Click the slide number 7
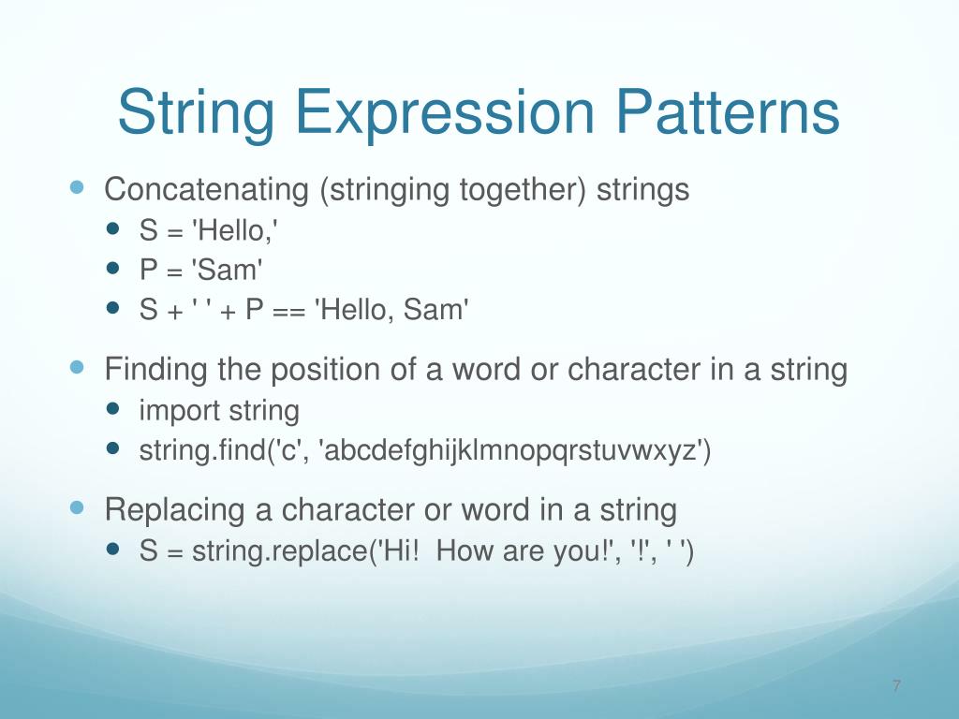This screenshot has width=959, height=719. click(x=896, y=687)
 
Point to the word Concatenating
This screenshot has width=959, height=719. click(x=207, y=190)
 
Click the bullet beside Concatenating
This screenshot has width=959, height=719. click(x=78, y=187)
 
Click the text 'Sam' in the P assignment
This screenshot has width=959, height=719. click(x=229, y=271)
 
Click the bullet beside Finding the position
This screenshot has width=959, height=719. click(x=78, y=367)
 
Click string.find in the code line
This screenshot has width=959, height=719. click(x=202, y=451)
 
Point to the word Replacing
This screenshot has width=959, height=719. click(x=174, y=511)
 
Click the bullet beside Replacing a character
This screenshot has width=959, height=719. click(x=78, y=507)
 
